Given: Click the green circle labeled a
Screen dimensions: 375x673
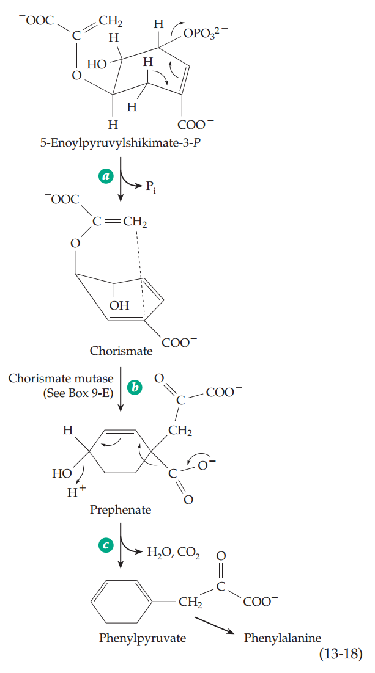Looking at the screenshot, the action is (x=106, y=175).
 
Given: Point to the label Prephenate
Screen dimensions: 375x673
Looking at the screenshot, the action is (x=121, y=509).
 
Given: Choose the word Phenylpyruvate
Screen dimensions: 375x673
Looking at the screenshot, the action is (x=143, y=638).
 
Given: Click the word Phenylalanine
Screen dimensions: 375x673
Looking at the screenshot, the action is (x=282, y=638).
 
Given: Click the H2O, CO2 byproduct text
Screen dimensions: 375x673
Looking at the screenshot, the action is (x=174, y=553).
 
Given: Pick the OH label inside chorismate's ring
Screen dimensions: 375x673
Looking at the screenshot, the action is (x=120, y=305).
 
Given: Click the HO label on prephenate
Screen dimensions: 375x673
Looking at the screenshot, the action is (x=62, y=474).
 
